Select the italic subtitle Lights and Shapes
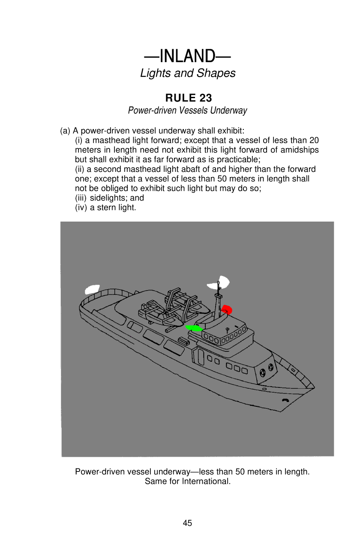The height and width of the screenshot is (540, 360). [x=188, y=73]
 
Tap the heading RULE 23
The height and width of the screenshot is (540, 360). [x=188, y=98]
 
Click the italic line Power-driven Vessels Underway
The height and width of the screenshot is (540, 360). [x=187, y=111]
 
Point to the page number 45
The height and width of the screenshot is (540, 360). [x=187, y=523]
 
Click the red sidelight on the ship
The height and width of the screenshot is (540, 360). [x=226, y=309]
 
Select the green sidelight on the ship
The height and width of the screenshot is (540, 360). [x=194, y=328]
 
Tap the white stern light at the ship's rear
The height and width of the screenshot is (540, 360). [x=92, y=289]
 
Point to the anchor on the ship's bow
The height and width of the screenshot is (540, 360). [x=285, y=400]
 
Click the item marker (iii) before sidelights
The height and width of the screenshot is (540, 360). [x=81, y=198]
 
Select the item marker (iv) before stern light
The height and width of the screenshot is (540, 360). [x=81, y=207]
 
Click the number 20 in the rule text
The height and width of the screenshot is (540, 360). [x=314, y=141]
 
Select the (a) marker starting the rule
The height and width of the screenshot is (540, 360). [x=65, y=131]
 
